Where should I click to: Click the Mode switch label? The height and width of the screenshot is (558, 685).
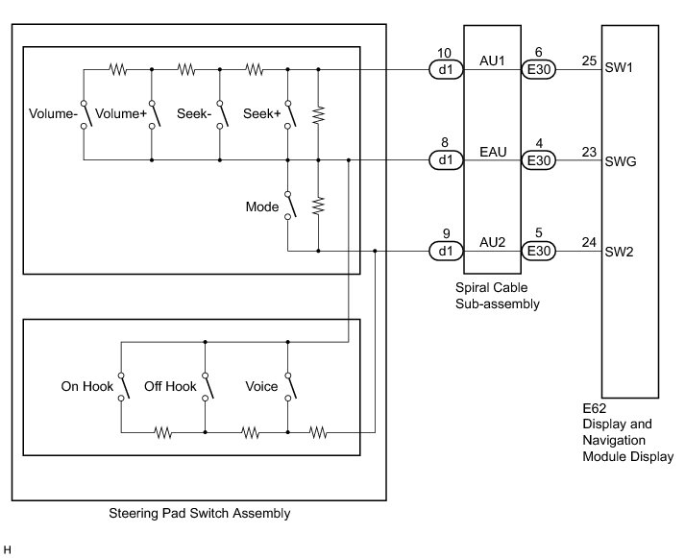click(x=262, y=206)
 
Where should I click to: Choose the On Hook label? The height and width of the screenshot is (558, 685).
click(x=86, y=387)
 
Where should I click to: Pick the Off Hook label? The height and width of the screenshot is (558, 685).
click(x=170, y=387)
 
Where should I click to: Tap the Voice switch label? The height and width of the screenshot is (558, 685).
click(x=261, y=387)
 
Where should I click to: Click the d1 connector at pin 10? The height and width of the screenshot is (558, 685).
click(x=444, y=69)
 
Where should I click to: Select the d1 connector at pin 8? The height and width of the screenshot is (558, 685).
click(x=444, y=160)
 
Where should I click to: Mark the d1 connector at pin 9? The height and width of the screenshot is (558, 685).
click(x=444, y=252)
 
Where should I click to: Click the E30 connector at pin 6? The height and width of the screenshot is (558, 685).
click(x=538, y=69)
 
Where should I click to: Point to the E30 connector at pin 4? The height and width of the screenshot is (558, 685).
click(x=538, y=160)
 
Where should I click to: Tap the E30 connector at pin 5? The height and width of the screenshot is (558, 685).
click(x=538, y=252)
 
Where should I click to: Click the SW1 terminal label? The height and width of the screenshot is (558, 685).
click(x=619, y=69)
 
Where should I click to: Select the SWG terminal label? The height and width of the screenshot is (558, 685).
click(x=620, y=160)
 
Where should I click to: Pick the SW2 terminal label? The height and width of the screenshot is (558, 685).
click(x=619, y=252)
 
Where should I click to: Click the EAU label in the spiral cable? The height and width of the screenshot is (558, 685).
click(x=491, y=151)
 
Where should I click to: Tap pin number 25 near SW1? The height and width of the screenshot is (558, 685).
click(x=589, y=61)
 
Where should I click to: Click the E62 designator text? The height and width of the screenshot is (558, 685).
click(x=595, y=410)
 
